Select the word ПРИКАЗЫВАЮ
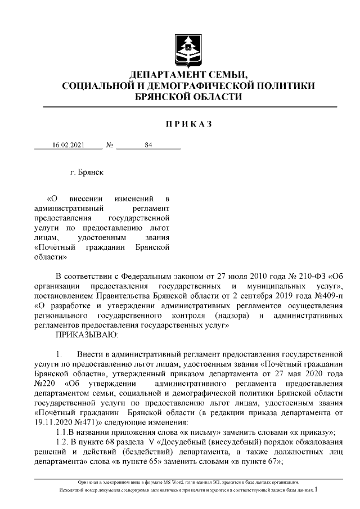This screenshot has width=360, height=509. click(x=86, y=335)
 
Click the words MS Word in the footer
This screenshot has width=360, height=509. click(x=178, y=483)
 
